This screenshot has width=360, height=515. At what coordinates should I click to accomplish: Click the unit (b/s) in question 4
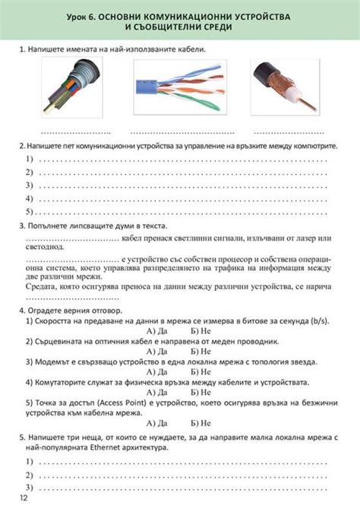coord(320,321)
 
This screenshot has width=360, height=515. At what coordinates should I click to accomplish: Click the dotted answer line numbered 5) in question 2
coord(182,212)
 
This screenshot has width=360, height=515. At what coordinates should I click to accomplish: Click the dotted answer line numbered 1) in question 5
coord(182,462)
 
